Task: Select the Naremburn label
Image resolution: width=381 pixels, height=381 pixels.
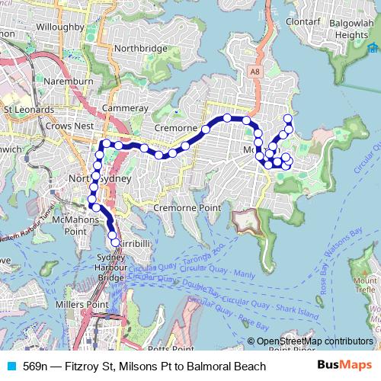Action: (x=67, y=81)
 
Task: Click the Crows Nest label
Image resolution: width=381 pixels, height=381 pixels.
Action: (x=69, y=126)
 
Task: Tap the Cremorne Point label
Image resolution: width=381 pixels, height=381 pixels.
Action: (x=187, y=207)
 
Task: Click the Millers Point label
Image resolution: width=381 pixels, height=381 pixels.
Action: (x=88, y=305)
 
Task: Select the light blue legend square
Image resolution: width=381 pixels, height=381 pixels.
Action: (x=11, y=367)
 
